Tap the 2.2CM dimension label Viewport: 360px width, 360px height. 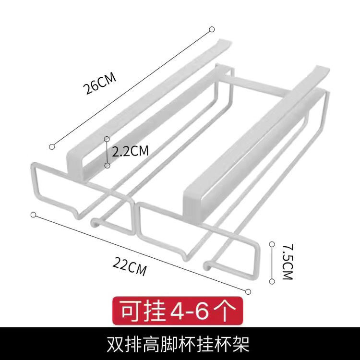click(130, 152)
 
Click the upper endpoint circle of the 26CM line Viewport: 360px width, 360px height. click(212, 30)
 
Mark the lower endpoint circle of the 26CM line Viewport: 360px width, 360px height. click(52, 145)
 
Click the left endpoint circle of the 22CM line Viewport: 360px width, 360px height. click(33, 214)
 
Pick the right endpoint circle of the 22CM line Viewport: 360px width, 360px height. click(248, 291)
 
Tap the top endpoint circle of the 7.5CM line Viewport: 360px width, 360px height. click(273, 243)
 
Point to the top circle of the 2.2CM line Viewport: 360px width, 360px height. click(108, 139)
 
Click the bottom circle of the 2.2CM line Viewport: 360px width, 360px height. click(108, 165)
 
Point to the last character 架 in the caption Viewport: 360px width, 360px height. click(242, 344)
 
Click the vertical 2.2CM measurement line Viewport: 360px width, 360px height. click(108, 152)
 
